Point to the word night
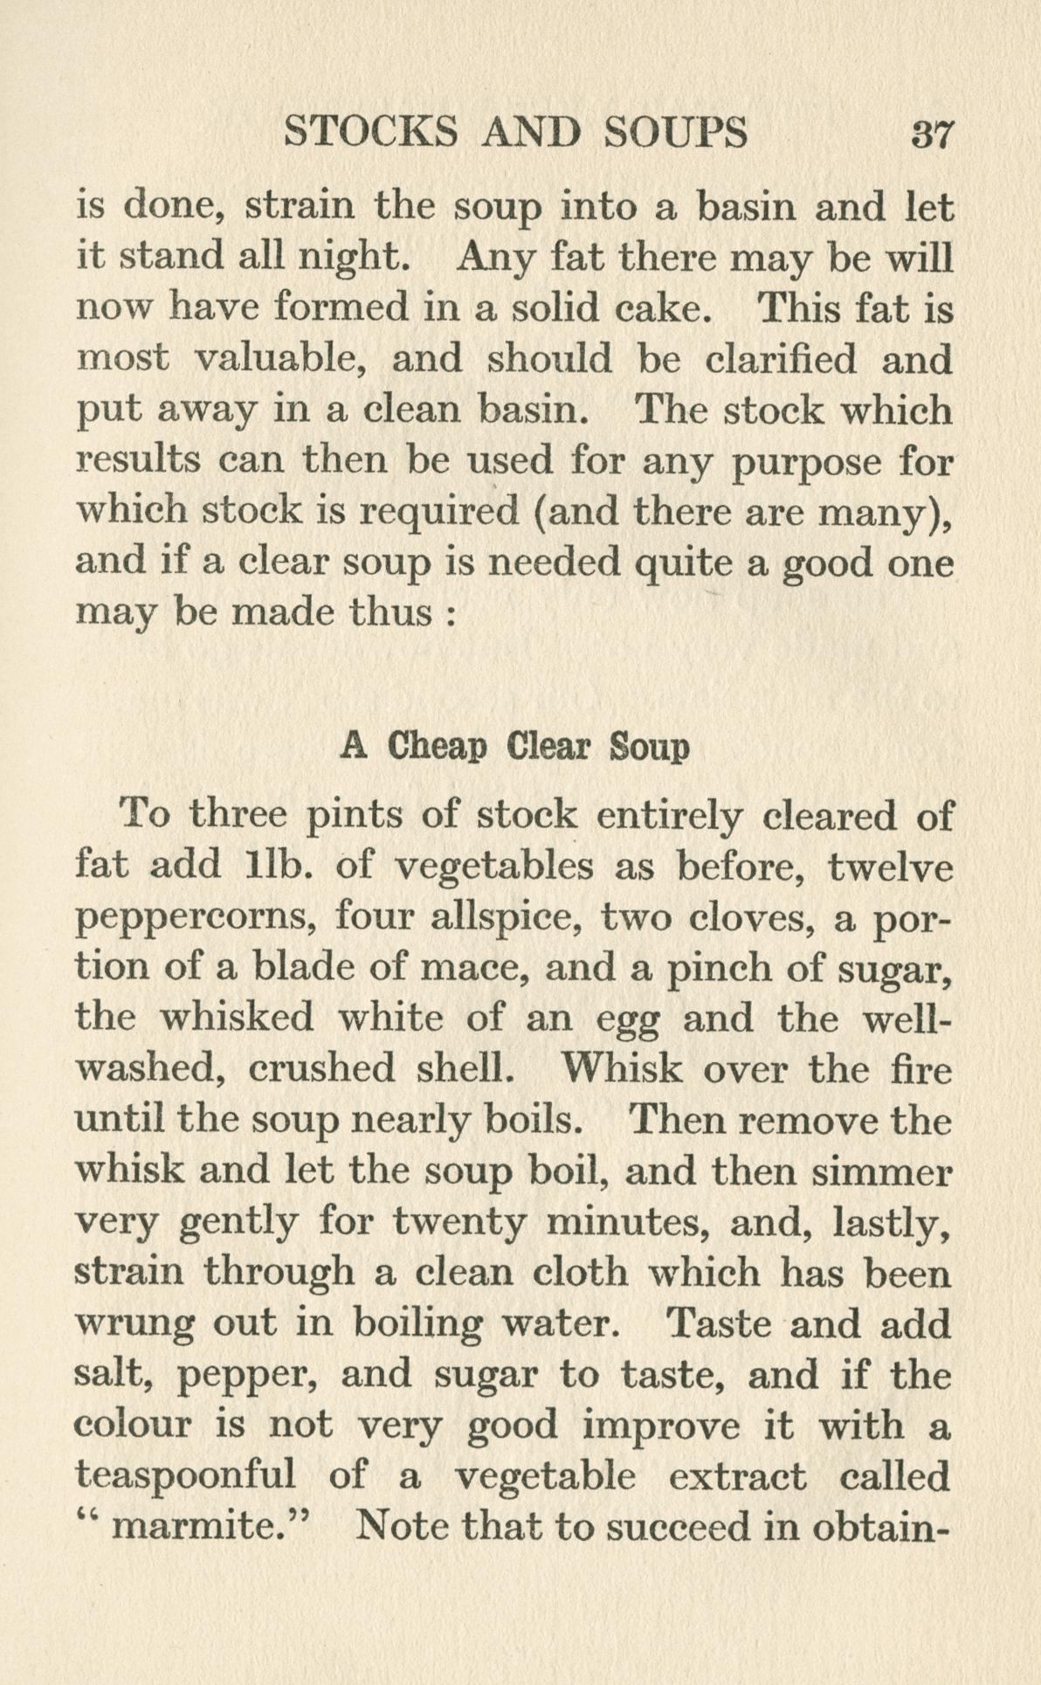point(348,259)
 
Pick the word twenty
point(458,1223)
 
